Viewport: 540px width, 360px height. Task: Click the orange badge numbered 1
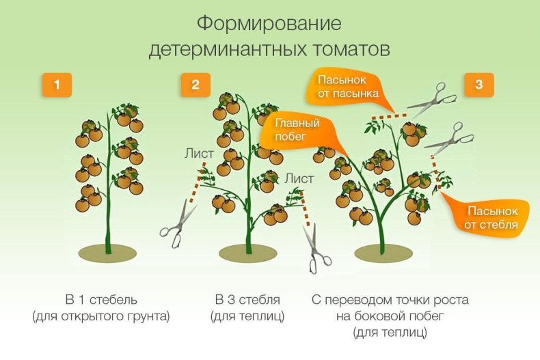coord(58,85)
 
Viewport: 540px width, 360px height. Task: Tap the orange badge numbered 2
coord(195,85)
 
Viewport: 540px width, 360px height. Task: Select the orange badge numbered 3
coord(478,85)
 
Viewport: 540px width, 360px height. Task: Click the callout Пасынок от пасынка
coord(347,86)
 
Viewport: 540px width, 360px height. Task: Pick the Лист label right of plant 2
coord(299,178)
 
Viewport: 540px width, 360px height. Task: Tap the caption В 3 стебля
coord(247,300)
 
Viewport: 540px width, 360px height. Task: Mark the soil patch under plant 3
coord(384,254)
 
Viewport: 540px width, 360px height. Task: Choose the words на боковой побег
coord(390,317)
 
